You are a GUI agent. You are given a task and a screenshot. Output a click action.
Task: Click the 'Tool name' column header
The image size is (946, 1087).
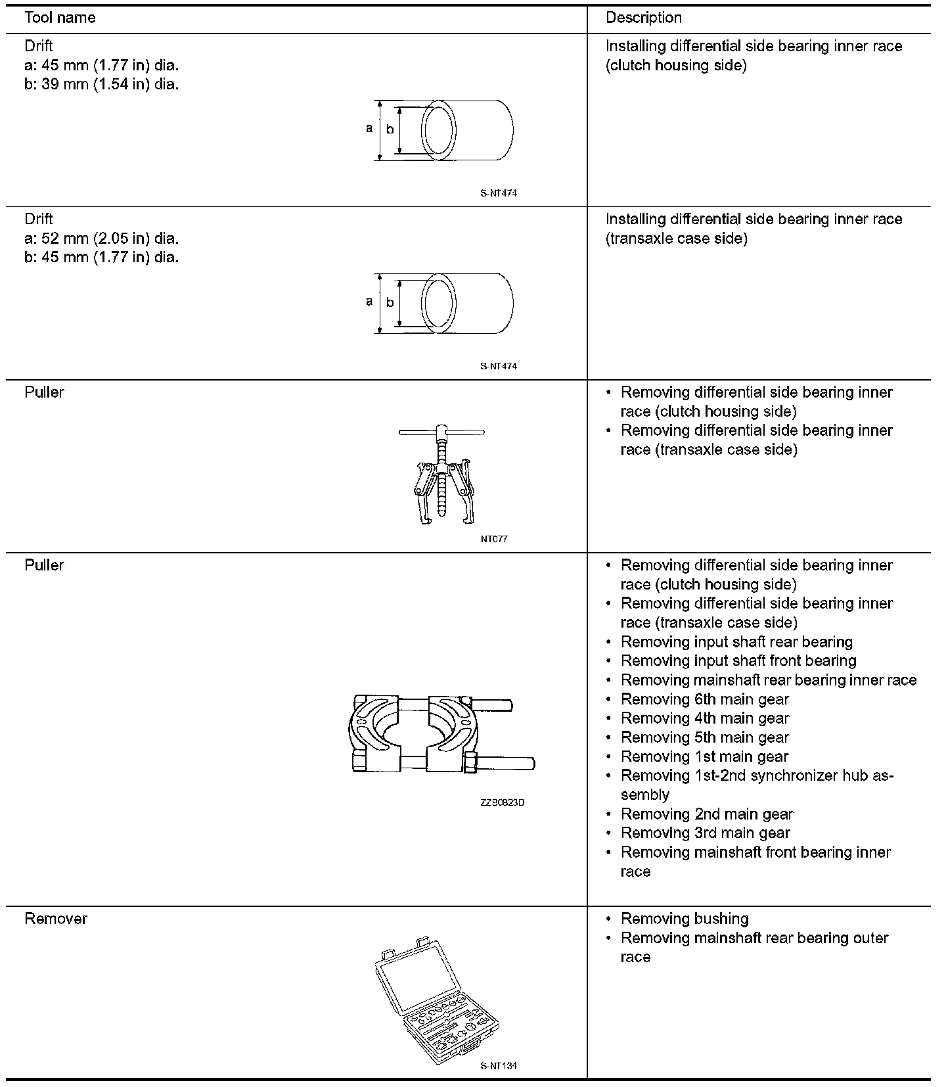60,18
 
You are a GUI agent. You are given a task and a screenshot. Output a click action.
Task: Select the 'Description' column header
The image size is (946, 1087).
643,18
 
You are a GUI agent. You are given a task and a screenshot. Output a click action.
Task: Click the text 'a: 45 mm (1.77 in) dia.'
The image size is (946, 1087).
101,65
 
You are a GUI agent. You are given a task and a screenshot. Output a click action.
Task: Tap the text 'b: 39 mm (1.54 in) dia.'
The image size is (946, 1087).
101,84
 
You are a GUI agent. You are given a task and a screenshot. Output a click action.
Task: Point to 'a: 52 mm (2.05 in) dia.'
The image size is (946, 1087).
101,238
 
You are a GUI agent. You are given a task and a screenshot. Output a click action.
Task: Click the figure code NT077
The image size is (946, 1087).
494,539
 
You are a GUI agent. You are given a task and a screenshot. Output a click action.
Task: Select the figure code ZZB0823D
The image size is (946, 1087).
502,802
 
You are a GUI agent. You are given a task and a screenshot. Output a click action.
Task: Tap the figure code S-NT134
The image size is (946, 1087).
499,1066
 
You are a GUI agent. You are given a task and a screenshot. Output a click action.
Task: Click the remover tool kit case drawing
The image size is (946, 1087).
435,999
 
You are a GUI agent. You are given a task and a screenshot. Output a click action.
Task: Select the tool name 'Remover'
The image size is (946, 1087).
56,919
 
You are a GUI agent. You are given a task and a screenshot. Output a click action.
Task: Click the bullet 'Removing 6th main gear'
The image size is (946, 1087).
704,699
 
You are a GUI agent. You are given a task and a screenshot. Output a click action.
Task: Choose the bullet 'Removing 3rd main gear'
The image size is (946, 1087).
705,833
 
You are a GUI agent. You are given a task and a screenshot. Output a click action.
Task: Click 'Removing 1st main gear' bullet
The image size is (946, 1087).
704,756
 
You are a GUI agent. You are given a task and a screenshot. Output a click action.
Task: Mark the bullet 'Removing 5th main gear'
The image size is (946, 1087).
704,737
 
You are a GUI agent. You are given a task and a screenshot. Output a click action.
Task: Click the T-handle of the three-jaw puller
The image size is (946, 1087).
441,432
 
